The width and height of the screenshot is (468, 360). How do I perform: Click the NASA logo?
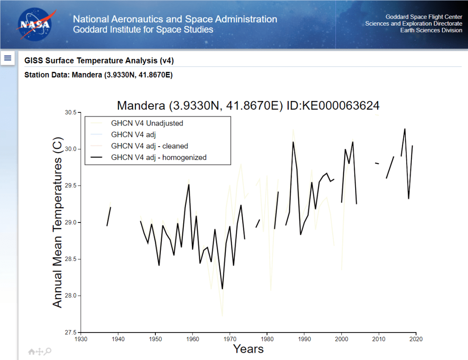pyautogui.click(x=34, y=23)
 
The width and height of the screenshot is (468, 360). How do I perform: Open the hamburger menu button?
pyautogui.click(x=8, y=58)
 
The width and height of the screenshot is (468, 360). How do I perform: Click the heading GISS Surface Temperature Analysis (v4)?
pyautogui.click(x=99, y=61)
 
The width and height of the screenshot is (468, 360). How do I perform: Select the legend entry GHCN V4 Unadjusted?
pyautogui.click(x=147, y=123)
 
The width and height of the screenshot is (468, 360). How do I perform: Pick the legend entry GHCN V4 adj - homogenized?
pyautogui.click(x=159, y=157)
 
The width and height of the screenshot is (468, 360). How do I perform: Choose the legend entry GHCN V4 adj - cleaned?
pyautogui.click(x=149, y=146)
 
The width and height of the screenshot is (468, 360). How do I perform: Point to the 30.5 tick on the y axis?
pyautogui.click(x=69, y=112)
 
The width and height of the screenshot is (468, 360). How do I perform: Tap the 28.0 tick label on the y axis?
pyautogui.click(x=69, y=296)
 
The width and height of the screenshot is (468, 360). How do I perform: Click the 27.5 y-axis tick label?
pyautogui.click(x=69, y=332)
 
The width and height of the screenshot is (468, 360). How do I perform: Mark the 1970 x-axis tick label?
pyautogui.click(x=230, y=339)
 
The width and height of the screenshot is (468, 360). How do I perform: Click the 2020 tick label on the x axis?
pyautogui.click(x=416, y=339)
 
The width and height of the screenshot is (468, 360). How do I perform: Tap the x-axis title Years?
pyautogui.click(x=248, y=349)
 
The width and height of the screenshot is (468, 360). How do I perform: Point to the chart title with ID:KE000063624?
pyautogui.click(x=248, y=106)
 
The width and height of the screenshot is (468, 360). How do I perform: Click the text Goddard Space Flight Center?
pyautogui.click(x=424, y=17)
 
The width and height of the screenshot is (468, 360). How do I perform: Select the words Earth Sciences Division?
pyautogui.click(x=431, y=31)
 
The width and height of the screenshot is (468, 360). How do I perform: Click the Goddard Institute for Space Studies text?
pyautogui.click(x=143, y=30)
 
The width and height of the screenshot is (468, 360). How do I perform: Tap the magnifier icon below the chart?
pyautogui.click(x=48, y=351)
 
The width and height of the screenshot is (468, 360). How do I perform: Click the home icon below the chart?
pyautogui.click(x=32, y=351)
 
